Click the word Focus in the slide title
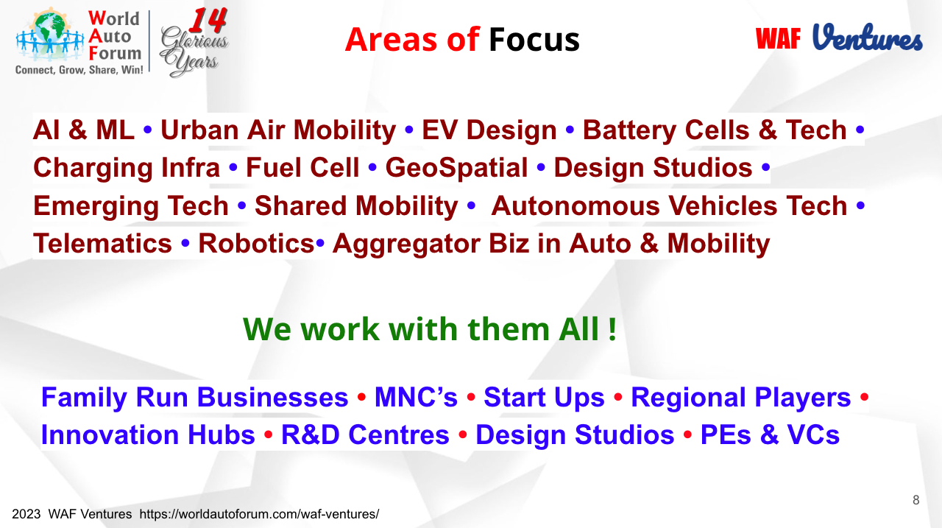click(x=534, y=40)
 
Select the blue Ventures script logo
click(x=868, y=37)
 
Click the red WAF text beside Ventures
click(x=778, y=39)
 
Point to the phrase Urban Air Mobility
click(x=278, y=130)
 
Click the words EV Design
click(x=489, y=130)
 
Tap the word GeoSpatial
click(x=457, y=168)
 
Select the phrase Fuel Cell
click(x=302, y=167)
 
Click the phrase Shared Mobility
click(x=357, y=205)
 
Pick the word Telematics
click(x=102, y=244)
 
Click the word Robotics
click(x=256, y=244)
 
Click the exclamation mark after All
click(x=612, y=328)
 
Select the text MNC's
click(x=416, y=397)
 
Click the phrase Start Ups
click(x=544, y=398)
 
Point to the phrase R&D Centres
click(x=366, y=434)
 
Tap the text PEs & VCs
click(x=770, y=434)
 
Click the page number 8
click(x=916, y=500)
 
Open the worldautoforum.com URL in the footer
click(x=259, y=514)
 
